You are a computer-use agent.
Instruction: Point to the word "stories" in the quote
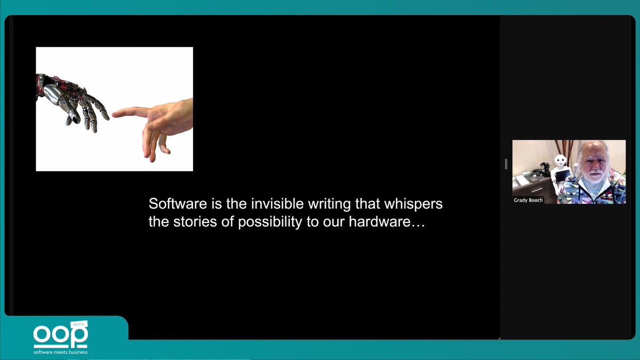pos(193,222)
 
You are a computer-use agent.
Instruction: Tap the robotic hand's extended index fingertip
pos(105,114)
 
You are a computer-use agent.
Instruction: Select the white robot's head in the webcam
pos(560,160)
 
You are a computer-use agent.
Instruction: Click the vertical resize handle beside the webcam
pos(506,164)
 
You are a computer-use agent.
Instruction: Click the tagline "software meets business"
pos(60,352)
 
